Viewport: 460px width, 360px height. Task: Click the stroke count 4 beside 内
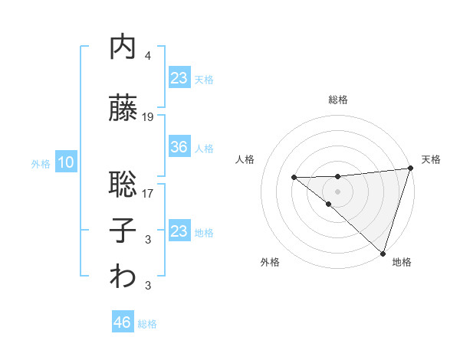coord(148,56)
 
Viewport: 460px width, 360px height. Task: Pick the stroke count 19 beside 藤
coord(148,116)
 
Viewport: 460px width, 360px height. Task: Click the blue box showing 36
coord(179,147)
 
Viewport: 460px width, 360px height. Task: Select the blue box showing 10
coord(65,162)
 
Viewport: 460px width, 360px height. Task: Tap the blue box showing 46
coord(123,322)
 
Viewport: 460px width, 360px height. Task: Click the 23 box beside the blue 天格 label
coord(179,78)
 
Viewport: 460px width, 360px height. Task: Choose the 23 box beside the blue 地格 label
coord(179,231)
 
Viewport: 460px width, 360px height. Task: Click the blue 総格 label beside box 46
coord(147,324)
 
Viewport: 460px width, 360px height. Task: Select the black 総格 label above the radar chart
coord(337,100)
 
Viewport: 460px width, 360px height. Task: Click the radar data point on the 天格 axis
coord(411,169)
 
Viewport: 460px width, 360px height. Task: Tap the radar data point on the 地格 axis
coord(383,253)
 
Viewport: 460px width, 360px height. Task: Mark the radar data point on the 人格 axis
coord(294,178)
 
